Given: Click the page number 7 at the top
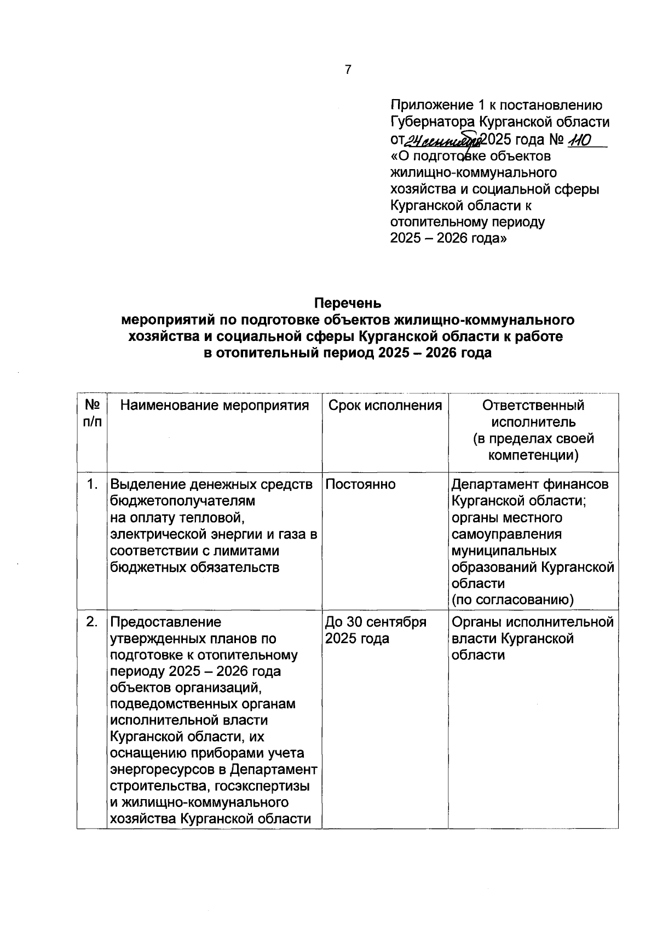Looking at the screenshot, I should pos(348,70).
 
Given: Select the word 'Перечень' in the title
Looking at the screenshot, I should pos(348,303).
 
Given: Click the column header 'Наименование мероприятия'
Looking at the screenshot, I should pos(215,406).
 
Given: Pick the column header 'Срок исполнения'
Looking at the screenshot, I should pos(385,406).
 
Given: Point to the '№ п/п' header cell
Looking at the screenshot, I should pos(92,414).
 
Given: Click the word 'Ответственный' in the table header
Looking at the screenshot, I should pos(533,406).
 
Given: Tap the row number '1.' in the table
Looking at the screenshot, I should pos(93,484).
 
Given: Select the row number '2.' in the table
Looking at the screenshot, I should pos(93,622).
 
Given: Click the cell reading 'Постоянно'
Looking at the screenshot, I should pos(360,484).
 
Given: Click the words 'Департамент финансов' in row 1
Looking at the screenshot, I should pos(529,484).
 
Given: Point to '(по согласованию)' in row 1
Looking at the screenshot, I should pos(512,600).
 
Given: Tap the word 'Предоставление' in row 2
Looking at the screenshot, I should pos(166,622).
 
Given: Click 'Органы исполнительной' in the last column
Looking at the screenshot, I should pos(533,622).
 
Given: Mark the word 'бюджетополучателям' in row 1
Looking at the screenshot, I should pos(183,501).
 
